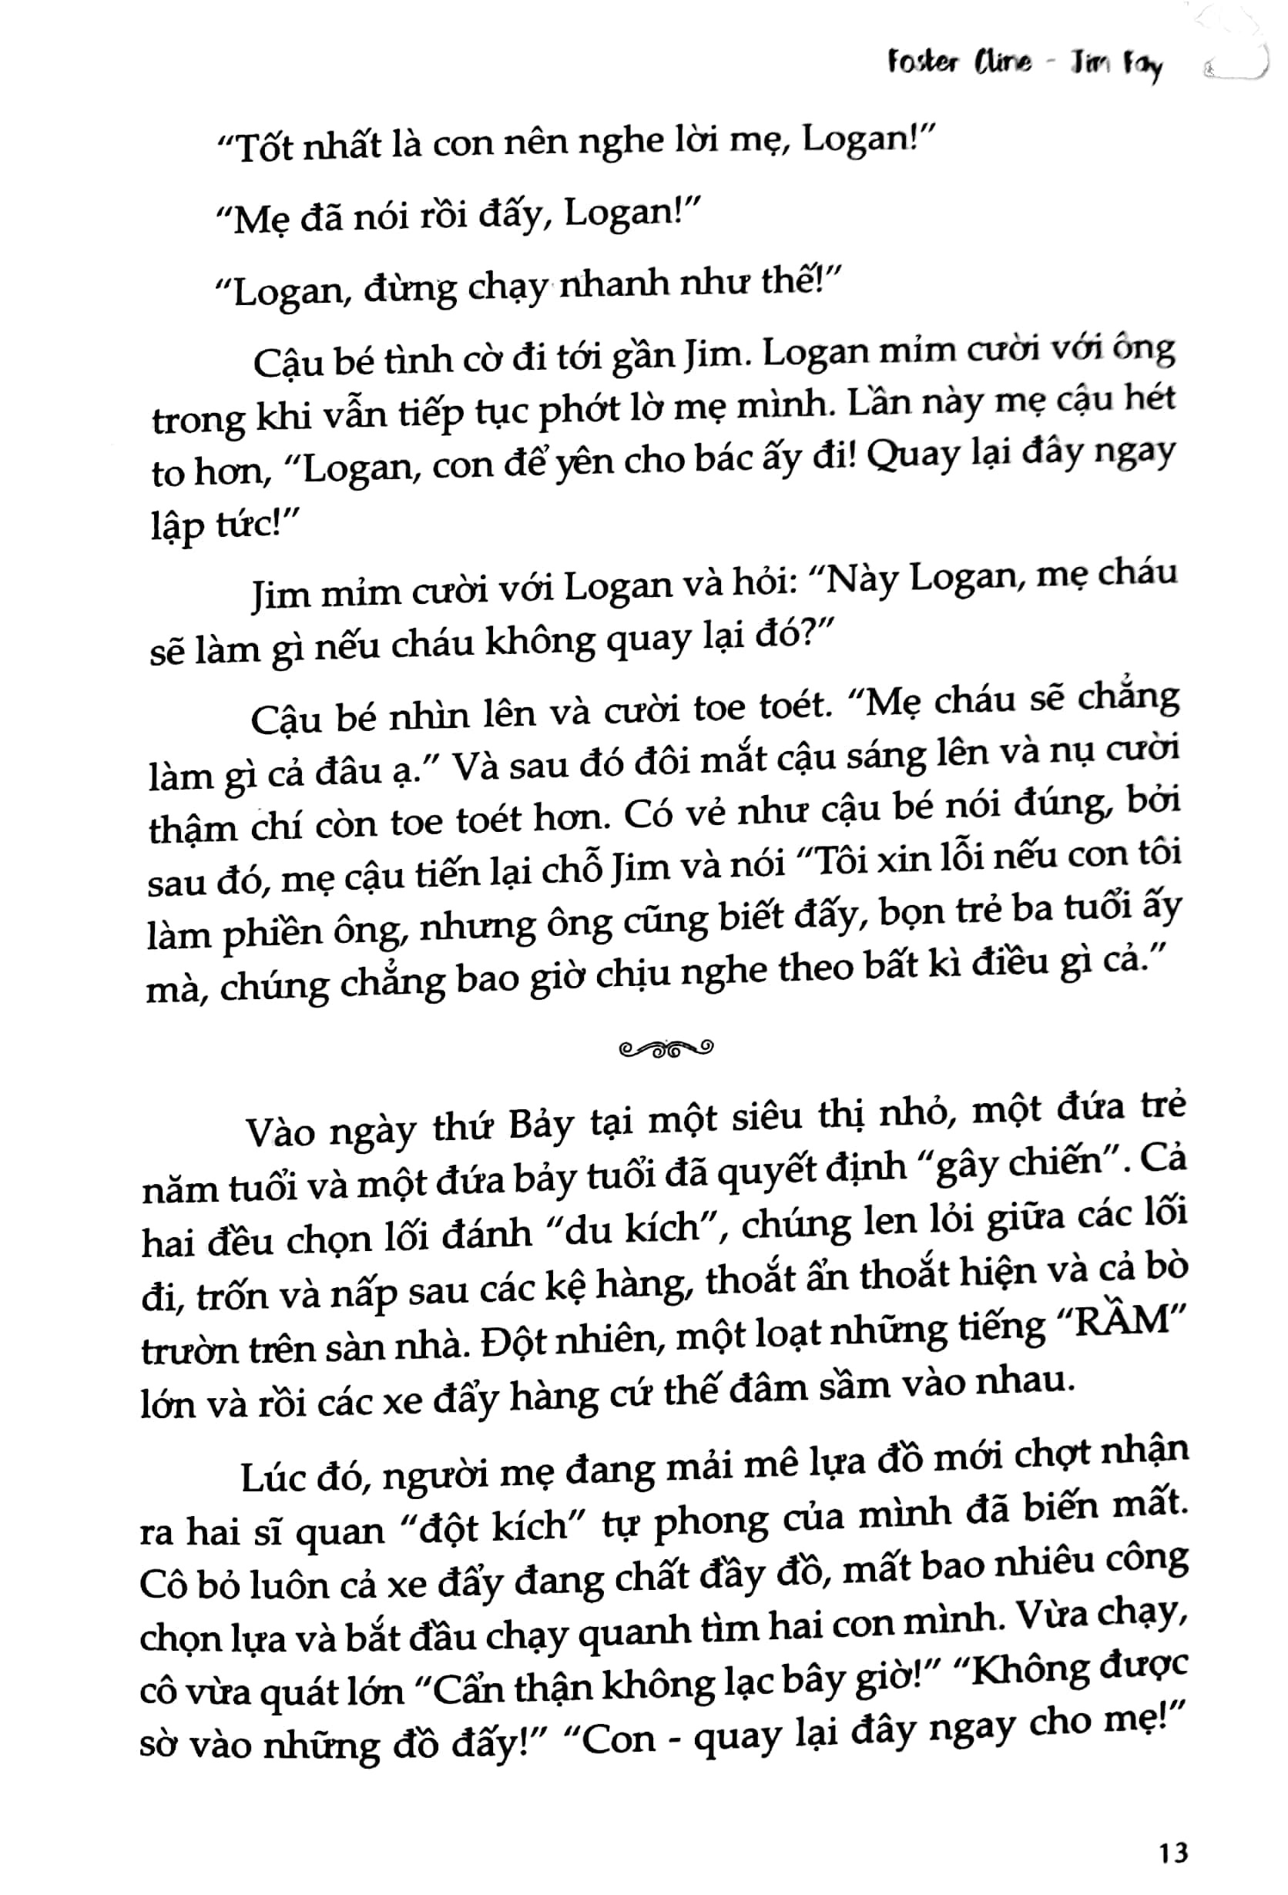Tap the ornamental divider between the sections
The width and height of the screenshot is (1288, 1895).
[x=666, y=1048]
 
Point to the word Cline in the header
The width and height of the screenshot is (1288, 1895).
[x=1001, y=64]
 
